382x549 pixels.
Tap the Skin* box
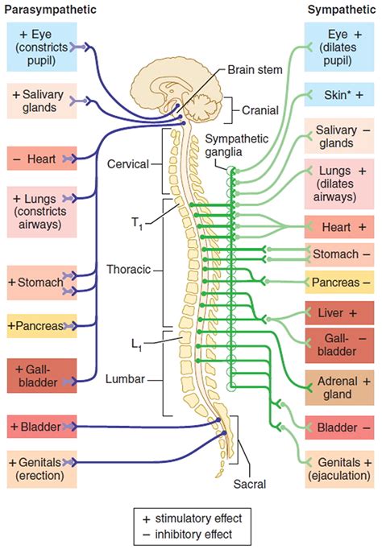pyautogui.click(x=338, y=94)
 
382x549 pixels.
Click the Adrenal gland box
pyautogui.click(x=338, y=387)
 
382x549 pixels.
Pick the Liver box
pyautogui.click(x=338, y=312)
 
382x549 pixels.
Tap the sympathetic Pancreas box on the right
pyautogui.click(x=338, y=283)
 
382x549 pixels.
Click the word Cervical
pyautogui.click(x=128, y=163)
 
